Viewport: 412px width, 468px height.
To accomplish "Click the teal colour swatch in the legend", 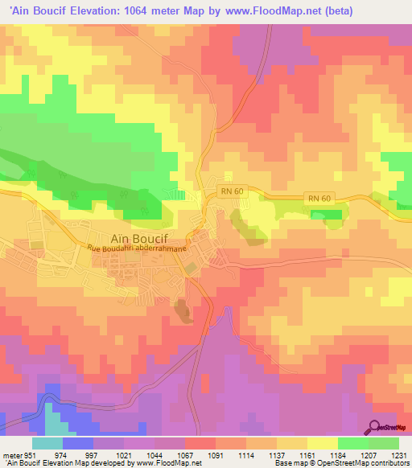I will click(x=47, y=443).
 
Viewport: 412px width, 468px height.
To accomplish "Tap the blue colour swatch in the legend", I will click(x=78, y=443).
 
